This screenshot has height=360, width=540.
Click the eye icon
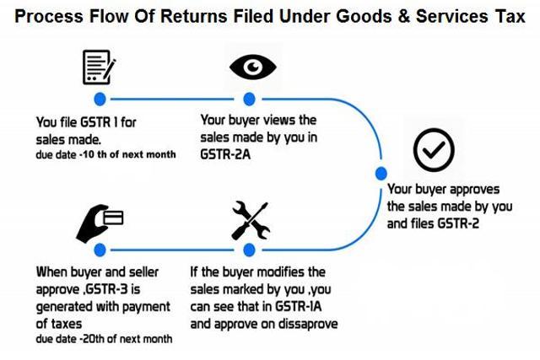253,67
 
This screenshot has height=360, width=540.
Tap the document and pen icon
99,67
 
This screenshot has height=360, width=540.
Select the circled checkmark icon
434,150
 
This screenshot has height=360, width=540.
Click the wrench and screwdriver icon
251,221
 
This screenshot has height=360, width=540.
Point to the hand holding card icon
100,223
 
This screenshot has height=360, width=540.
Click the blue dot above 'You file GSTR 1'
100,99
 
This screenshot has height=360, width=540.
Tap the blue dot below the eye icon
249,99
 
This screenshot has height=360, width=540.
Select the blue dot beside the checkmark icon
381,174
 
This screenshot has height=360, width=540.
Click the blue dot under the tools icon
249,250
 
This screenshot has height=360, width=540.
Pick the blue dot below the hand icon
100,250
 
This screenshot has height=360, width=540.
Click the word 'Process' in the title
49,16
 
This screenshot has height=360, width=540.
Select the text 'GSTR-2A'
225,154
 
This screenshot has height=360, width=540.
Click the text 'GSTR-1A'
298,306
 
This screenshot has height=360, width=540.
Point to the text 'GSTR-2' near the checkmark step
458,223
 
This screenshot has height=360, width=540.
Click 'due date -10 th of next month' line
105,154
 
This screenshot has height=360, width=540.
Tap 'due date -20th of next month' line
104,339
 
